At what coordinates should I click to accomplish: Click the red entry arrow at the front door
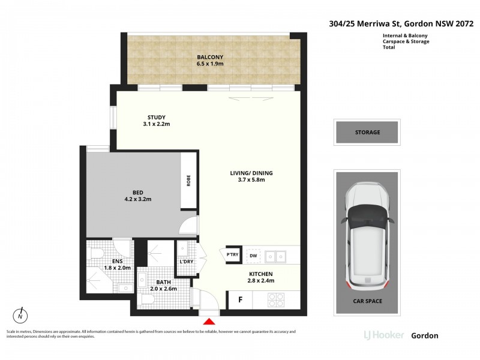click(x=209, y=321)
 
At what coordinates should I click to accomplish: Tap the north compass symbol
click(x=20, y=316)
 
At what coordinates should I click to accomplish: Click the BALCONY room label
click(x=210, y=57)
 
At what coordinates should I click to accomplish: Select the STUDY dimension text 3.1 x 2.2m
click(x=157, y=124)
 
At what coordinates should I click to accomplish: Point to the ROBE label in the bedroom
click(x=188, y=181)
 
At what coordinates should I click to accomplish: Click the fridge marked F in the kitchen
click(x=241, y=299)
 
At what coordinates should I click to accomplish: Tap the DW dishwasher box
click(x=253, y=256)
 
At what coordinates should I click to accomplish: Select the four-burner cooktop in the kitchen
click(x=277, y=300)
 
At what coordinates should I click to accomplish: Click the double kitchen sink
click(x=275, y=257)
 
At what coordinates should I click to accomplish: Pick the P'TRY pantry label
click(x=232, y=254)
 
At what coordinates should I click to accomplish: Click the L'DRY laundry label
click(x=187, y=262)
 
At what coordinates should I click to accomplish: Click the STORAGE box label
click(x=367, y=132)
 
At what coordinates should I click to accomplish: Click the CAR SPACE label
click(x=367, y=301)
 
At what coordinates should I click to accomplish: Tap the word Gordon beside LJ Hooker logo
click(x=425, y=335)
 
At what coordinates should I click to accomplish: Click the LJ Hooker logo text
click(x=384, y=335)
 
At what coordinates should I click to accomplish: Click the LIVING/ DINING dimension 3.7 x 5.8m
click(x=251, y=179)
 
